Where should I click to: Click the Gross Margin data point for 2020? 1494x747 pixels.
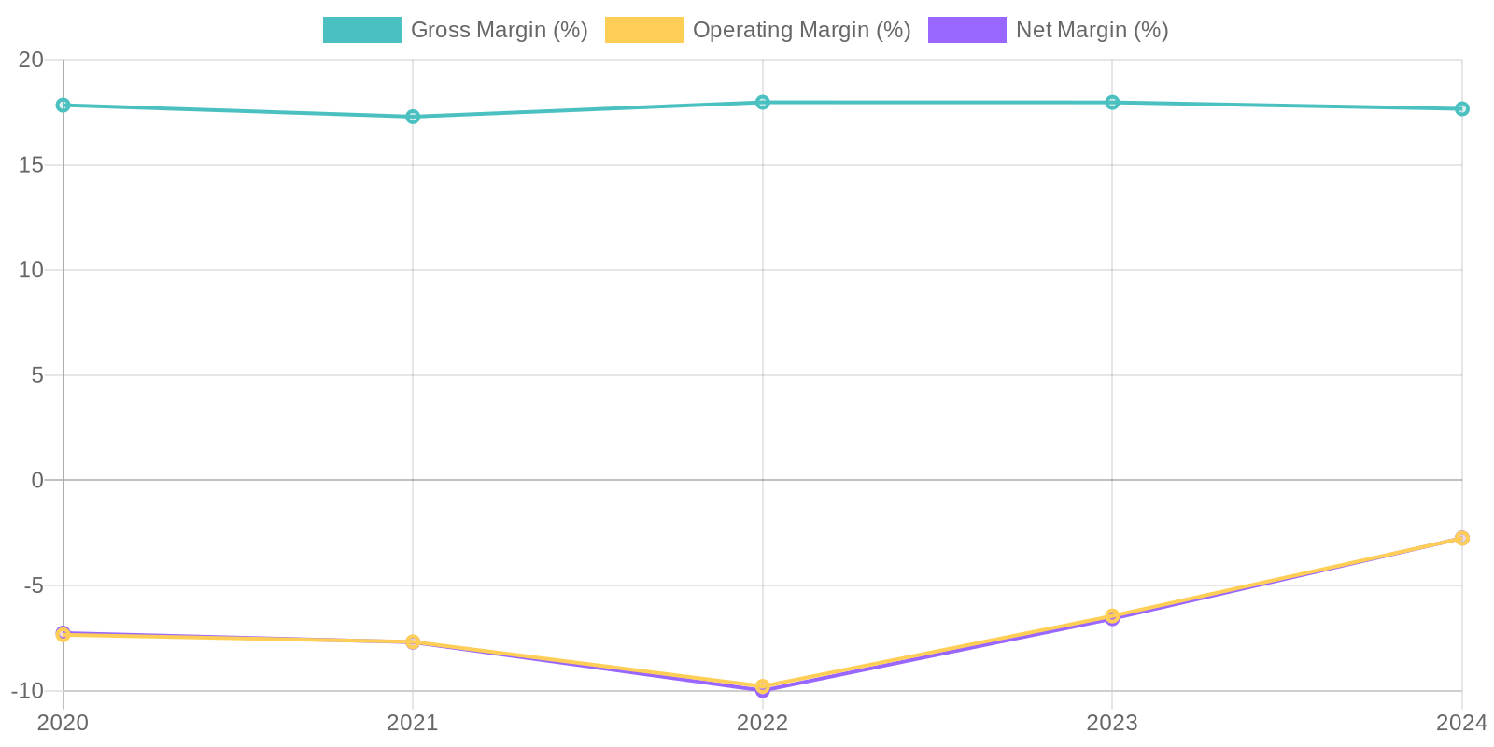63,106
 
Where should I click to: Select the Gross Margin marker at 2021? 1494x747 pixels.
413,117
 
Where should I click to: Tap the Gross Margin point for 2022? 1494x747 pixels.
763,103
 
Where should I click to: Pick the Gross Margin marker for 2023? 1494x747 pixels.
1112,103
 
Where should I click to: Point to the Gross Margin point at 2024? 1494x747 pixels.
1461,109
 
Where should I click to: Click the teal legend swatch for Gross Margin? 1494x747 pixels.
361,30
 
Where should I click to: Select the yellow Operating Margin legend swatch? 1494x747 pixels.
643,30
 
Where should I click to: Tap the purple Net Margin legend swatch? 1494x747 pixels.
966,30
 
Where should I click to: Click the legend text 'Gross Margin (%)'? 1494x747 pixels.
499,30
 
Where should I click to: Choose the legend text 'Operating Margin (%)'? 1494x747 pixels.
801,30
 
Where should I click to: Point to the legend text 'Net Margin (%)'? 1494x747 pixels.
1092,30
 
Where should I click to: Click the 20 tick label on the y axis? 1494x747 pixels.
32,61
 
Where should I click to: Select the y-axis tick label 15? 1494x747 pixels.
32,165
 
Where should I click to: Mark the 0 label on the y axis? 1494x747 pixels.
37,481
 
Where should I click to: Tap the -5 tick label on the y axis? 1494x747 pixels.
34,586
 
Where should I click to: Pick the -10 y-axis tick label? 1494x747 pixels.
28,691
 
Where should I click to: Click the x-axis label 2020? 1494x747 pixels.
63,723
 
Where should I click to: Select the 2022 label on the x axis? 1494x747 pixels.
763,723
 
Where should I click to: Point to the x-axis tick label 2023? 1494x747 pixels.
1112,723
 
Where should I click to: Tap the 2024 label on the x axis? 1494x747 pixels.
1460,723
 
